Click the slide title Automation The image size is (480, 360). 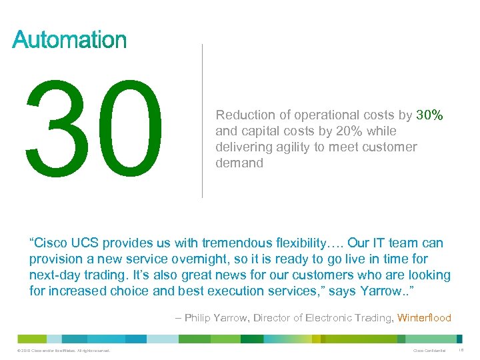[69, 40]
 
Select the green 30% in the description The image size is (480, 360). [429, 115]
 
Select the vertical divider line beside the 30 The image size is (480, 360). [202, 120]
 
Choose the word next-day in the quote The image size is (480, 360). [54, 275]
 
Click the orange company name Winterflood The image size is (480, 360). [424, 318]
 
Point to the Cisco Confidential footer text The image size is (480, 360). [429, 351]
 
